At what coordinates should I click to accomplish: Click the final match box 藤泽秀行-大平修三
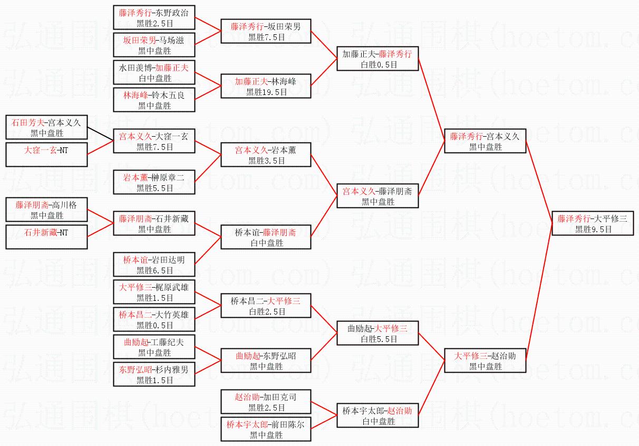click(x=593, y=224)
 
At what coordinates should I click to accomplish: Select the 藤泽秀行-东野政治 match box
click(x=154, y=18)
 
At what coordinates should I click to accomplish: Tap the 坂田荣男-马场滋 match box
click(x=154, y=45)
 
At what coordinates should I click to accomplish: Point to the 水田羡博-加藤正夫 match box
click(x=154, y=73)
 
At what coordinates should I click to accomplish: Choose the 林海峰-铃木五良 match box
click(x=154, y=100)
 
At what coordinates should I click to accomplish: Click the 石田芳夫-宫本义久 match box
click(x=46, y=128)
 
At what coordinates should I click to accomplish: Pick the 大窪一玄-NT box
click(x=46, y=155)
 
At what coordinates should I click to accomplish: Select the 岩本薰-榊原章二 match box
click(x=154, y=182)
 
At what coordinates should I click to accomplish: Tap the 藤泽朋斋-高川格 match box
click(x=46, y=210)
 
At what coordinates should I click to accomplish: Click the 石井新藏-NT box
click(x=46, y=237)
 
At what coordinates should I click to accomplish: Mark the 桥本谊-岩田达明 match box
click(x=154, y=264)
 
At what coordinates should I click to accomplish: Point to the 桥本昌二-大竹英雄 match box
click(x=154, y=319)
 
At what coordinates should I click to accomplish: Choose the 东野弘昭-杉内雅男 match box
click(x=154, y=374)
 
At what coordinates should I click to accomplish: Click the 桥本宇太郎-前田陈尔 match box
click(x=266, y=429)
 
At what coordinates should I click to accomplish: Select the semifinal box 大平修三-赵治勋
click(x=485, y=361)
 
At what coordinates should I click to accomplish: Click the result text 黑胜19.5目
click(x=266, y=92)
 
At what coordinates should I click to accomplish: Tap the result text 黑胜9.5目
click(x=593, y=230)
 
